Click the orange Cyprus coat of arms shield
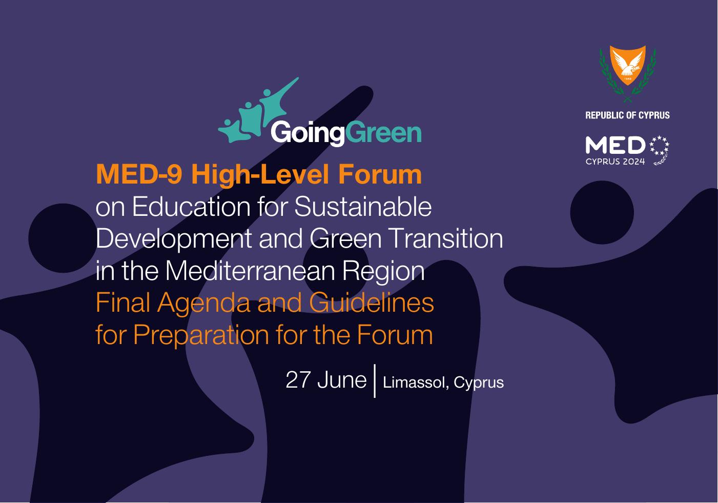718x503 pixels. coord(627,65)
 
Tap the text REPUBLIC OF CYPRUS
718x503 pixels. coord(627,115)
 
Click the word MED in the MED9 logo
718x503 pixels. coord(615,145)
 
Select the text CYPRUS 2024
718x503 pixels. coord(615,162)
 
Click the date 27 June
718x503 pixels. coord(326,380)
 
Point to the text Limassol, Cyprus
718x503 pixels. coord(443,383)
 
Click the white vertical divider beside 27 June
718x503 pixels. coord(375,381)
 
